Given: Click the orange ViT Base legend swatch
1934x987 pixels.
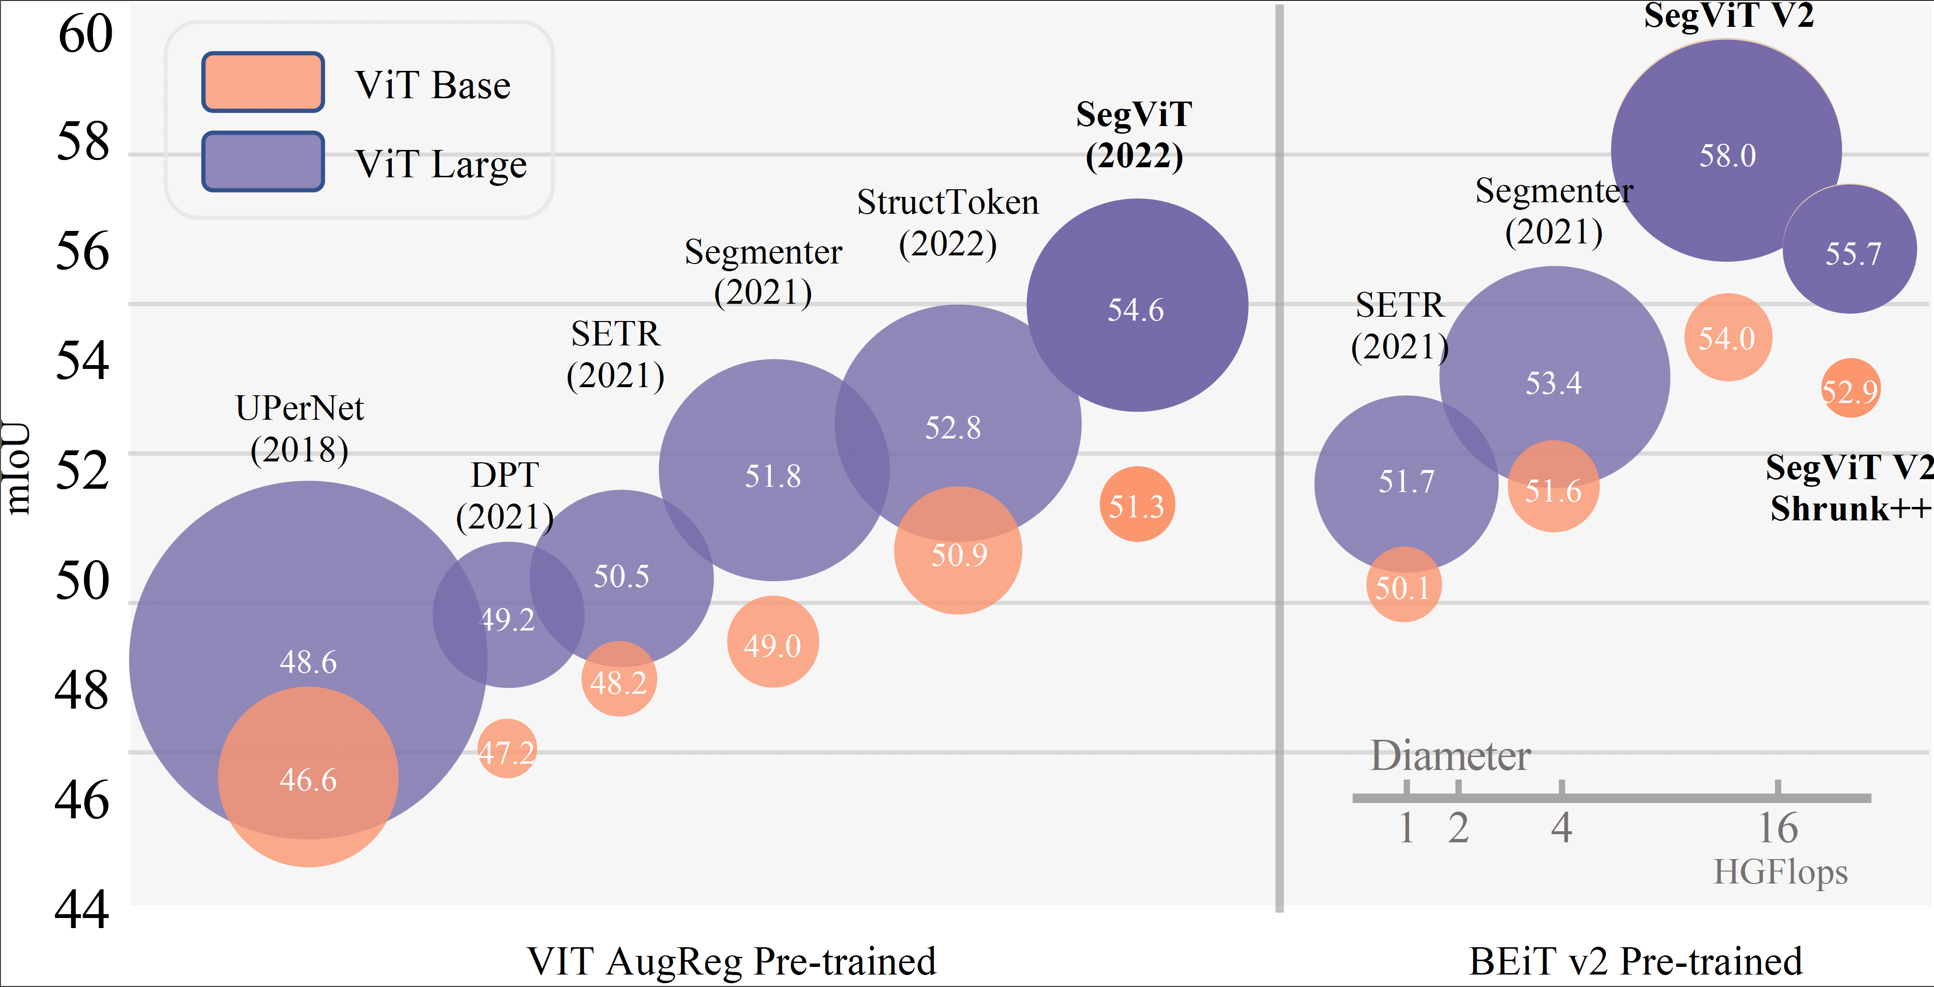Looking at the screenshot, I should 263,82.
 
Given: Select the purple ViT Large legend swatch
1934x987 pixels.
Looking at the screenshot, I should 263,161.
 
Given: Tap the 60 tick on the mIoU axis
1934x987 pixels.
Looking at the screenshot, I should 85,34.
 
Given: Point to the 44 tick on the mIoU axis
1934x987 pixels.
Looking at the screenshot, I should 82,909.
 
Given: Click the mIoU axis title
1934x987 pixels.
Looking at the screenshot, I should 16,467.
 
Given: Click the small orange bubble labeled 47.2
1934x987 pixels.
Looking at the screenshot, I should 508,750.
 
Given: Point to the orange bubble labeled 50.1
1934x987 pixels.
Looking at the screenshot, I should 1403,585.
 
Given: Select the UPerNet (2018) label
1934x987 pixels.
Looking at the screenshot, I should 299,429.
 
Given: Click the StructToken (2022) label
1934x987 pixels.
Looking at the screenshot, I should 947,223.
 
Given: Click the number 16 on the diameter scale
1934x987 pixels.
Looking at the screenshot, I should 1778,828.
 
